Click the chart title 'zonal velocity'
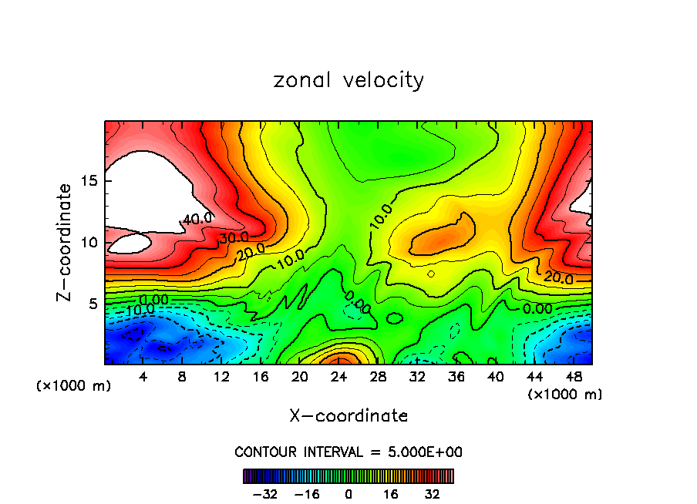(348, 80)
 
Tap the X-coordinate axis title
(348, 415)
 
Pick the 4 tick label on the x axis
(143, 377)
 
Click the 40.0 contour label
(197, 219)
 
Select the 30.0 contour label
(233, 237)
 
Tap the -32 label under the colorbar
(266, 494)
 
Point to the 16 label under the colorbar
(390, 494)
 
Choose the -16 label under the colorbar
(307, 494)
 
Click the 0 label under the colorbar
(348, 494)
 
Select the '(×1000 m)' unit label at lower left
(74, 385)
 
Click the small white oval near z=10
(130, 244)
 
